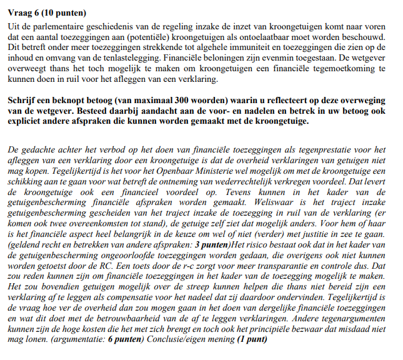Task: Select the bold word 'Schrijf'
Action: point(23,101)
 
